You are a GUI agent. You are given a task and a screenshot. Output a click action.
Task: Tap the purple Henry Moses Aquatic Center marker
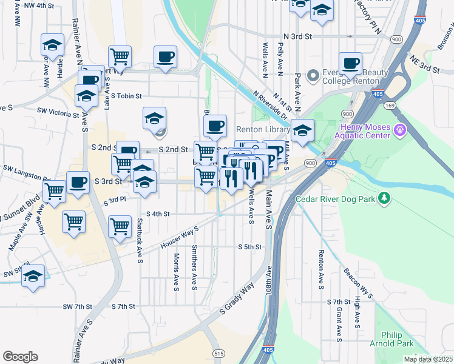(x=399, y=129)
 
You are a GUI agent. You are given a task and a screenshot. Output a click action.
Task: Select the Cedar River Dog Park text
(x=334, y=199)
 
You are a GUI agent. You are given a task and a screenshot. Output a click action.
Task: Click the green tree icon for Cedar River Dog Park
(x=383, y=198)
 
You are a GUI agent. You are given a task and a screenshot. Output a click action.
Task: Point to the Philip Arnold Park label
(x=397, y=339)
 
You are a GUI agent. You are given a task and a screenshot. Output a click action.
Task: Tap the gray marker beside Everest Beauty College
(x=313, y=76)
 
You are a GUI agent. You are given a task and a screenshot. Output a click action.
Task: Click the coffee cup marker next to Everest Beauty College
(x=350, y=64)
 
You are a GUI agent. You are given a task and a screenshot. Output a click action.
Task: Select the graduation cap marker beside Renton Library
(x=302, y=130)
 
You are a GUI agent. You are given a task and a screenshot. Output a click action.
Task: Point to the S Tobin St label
(x=126, y=96)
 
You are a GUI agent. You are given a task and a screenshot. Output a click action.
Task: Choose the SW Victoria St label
(x=58, y=112)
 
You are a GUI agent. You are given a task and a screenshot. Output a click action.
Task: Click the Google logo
(x=20, y=357)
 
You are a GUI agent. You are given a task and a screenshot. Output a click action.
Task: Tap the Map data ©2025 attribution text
(x=427, y=359)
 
